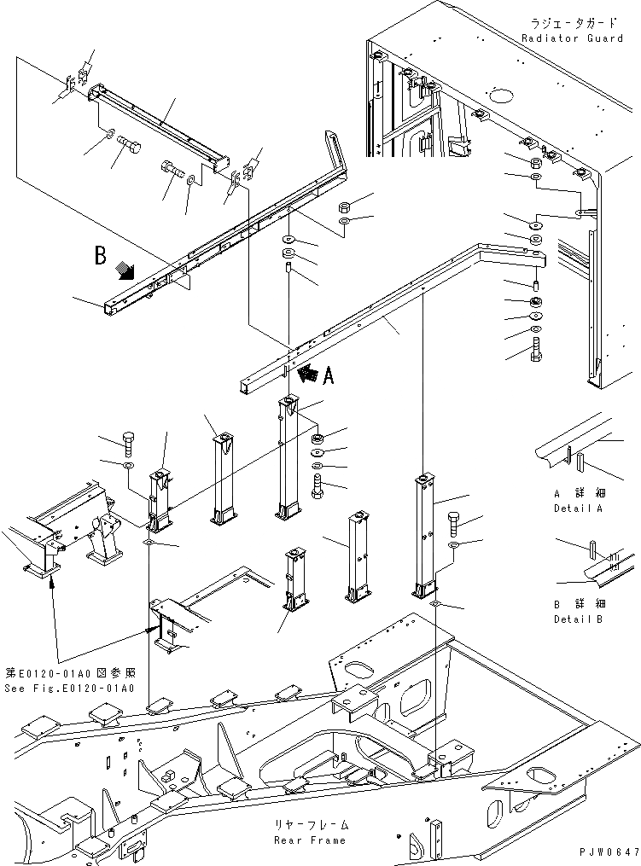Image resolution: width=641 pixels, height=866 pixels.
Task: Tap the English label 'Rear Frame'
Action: (x=310, y=840)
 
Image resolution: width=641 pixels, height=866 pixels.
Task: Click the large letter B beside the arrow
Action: (x=101, y=255)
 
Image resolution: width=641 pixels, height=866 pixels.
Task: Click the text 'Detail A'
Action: (x=577, y=508)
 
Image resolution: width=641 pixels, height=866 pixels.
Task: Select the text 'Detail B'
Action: (x=577, y=619)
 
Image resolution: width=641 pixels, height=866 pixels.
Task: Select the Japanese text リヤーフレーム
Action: (x=310, y=827)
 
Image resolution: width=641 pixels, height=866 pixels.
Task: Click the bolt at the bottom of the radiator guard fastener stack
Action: (x=535, y=349)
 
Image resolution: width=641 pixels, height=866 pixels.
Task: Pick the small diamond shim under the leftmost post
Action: (x=150, y=543)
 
